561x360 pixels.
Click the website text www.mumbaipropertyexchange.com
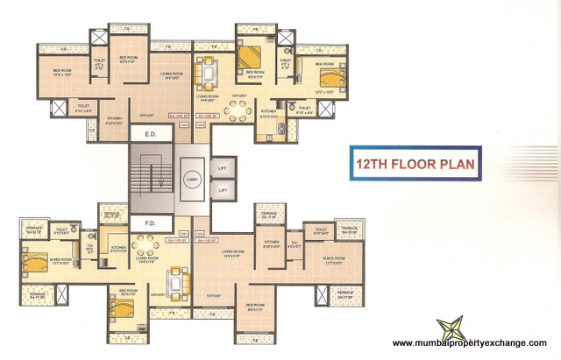pos(469,343)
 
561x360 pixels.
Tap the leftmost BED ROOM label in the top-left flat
pos(49,74)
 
